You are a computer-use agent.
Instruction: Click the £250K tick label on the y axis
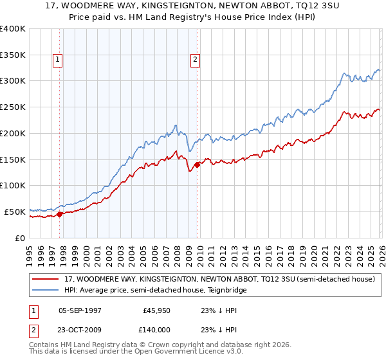click(13, 107)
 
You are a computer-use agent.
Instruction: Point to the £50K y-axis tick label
click(15, 212)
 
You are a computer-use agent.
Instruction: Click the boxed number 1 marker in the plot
click(58, 60)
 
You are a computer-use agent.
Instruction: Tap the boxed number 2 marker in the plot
click(194, 60)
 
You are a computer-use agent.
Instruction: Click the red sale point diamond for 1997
click(60, 214)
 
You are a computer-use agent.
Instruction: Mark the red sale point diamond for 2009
click(197, 165)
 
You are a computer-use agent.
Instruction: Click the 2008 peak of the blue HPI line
click(176, 124)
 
